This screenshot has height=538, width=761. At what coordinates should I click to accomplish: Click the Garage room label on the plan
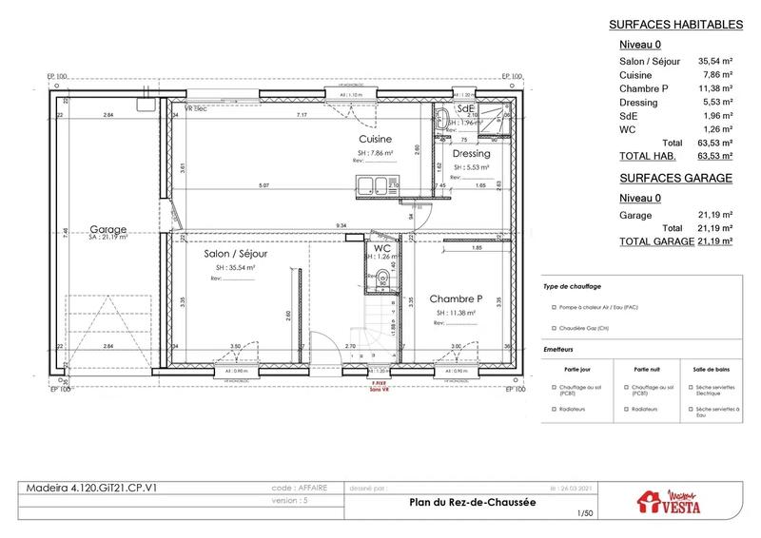click(107, 229)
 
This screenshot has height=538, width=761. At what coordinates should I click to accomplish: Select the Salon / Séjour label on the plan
click(235, 255)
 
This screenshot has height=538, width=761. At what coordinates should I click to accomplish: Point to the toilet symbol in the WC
click(381, 278)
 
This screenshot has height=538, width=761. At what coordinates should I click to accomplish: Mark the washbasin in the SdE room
click(444, 121)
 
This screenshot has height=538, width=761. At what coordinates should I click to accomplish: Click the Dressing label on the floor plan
click(471, 153)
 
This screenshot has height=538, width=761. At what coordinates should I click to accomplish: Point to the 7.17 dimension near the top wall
click(302, 115)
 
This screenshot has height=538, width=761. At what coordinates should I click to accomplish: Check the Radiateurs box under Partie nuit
click(624, 409)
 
